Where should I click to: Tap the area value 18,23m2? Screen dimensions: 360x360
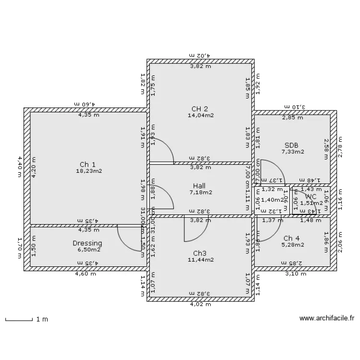click(x=89, y=171)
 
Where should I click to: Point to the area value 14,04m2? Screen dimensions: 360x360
click(x=201, y=115)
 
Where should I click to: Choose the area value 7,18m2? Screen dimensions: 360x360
click(x=201, y=192)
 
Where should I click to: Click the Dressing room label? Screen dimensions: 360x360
click(x=87, y=243)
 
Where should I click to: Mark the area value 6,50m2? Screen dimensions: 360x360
click(x=89, y=250)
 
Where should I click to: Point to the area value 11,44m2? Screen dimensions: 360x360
click(x=201, y=260)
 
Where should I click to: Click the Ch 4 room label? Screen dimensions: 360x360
click(x=291, y=238)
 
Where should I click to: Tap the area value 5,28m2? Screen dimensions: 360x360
click(x=292, y=245)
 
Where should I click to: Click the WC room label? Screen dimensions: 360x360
click(x=311, y=196)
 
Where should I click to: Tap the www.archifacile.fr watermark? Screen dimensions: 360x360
click(x=326, y=318)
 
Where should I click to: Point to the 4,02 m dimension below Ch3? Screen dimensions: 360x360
click(x=200, y=303)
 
